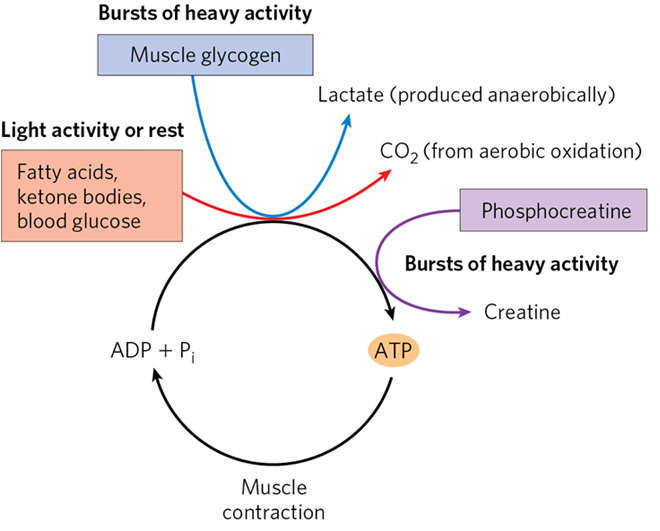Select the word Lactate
click(349, 96)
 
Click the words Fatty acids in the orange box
click(62, 171)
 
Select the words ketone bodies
click(79, 194)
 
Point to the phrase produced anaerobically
click(508, 96)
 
